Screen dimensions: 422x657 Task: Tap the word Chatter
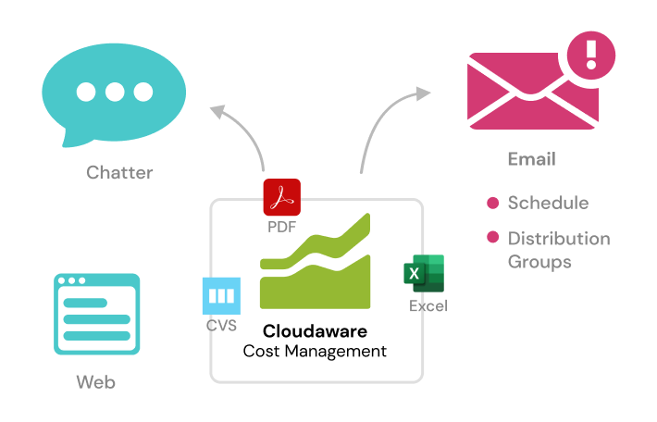119,172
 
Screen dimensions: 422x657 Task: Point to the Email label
531,159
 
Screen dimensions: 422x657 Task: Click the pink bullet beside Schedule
493,204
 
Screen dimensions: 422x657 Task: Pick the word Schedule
548,204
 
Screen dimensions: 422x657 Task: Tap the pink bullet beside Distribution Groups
493,239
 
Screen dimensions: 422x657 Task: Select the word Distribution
559,239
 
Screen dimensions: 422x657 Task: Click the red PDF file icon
282,197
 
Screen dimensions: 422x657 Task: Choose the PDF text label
282,226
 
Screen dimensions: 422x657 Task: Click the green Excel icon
424,274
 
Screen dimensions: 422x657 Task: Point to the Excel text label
428,305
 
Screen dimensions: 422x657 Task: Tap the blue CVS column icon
221,296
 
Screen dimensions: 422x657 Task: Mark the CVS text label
221,326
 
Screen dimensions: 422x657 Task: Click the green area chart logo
316,264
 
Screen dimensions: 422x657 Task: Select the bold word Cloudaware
315,330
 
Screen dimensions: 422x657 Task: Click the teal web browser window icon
96,314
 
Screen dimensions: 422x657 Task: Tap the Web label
96,381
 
